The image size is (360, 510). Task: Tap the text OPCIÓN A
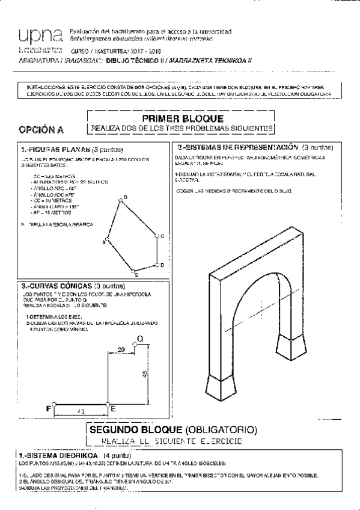41,129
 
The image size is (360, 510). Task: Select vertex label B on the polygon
124,197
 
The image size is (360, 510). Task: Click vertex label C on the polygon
162,237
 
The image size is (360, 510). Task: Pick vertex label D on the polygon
162,265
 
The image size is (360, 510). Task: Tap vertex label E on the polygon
137,275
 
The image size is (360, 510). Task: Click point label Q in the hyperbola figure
140,339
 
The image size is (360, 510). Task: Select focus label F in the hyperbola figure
49,408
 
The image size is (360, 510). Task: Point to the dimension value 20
121,349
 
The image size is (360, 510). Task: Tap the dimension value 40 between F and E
81,411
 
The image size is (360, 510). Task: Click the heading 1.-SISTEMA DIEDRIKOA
54,456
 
